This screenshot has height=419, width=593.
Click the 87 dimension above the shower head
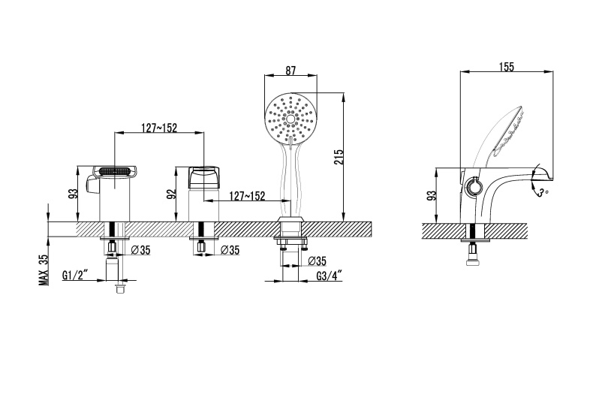coord(290,71)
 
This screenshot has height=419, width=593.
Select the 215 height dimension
coord(339,156)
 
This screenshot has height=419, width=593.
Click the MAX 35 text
coord(44,267)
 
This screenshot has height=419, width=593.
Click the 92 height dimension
coord(172,194)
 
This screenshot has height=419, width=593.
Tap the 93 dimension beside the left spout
coord(73,193)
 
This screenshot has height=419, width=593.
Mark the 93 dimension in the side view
coord(432,194)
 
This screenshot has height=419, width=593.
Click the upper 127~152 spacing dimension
coord(159,127)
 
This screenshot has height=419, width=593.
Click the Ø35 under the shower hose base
coord(318,261)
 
